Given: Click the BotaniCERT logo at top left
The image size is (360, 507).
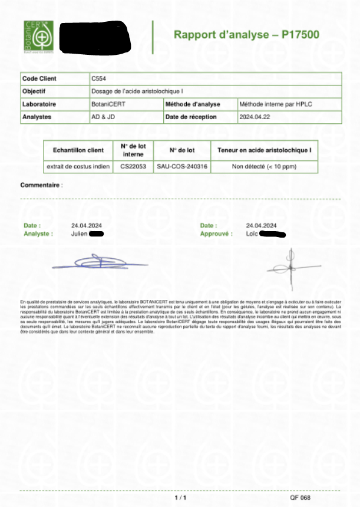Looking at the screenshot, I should pyautogui.click(x=39, y=37).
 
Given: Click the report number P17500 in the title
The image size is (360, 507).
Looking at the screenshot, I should pyautogui.click(x=300, y=35).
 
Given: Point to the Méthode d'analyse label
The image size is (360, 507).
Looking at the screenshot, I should pyautogui.click(x=193, y=104).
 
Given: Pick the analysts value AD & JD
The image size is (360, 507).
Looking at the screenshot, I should pyautogui.click(x=103, y=117).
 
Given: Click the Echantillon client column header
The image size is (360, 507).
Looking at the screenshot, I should pyautogui.click(x=78, y=150).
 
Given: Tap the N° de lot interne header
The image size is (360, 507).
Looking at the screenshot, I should pyautogui.click(x=133, y=150).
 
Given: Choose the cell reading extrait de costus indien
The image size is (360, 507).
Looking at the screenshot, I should pyautogui.click(x=78, y=167).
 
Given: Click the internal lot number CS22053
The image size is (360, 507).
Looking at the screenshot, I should pyautogui.click(x=133, y=167).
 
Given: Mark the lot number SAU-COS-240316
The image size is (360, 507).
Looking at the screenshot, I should pyautogui.click(x=182, y=167).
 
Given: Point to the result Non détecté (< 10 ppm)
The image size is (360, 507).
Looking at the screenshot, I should pyautogui.click(x=264, y=167).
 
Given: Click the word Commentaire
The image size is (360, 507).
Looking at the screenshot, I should pyautogui.click(x=40, y=185).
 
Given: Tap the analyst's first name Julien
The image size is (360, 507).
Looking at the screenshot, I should pyautogui.click(x=79, y=233).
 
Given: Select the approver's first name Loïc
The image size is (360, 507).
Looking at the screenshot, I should pyautogui.click(x=252, y=233).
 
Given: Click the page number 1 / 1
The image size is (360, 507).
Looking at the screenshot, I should pyautogui.click(x=181, y=498).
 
